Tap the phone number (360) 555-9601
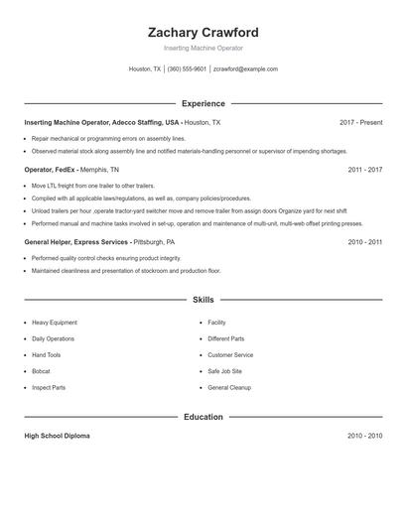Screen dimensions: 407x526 click(187, 69)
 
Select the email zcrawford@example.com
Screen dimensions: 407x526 click(245, 69)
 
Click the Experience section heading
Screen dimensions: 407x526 click(203, 103)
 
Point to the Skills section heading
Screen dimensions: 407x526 click(203, 299)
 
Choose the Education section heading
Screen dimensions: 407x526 click(203, 417)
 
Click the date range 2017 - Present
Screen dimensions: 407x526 click(360, 122)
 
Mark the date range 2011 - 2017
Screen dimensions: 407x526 click(364, 170)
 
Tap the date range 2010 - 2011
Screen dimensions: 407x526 click(364, 241)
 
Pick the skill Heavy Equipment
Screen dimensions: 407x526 click(54, 323)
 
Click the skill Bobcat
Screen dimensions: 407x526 click(42, 371)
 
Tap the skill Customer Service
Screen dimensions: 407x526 click(230, 354)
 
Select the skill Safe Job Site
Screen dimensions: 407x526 click(225, 371)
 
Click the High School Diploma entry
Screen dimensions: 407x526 click(57, 436)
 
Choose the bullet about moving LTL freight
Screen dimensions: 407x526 click(78, 186)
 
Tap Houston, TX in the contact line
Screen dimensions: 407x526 click(145, 69)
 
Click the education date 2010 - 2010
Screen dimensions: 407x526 click(364, 436)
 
